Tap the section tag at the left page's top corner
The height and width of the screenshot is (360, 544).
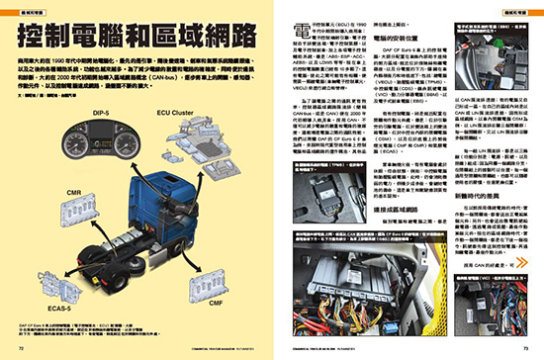point(24,10)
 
